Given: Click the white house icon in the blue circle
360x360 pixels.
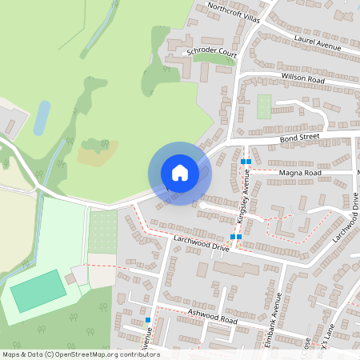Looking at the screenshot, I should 179,172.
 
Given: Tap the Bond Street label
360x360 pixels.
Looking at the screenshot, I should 299,138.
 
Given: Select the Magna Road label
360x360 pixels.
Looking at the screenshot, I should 299,172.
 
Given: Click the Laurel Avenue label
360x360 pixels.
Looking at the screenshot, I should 318,42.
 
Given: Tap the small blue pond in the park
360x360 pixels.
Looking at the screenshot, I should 41,117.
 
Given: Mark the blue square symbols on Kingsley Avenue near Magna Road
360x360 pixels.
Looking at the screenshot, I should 246,162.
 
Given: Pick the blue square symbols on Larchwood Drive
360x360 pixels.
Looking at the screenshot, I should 235,237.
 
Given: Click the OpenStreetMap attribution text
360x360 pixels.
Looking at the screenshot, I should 81,354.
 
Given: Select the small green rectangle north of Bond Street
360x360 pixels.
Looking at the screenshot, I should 263,106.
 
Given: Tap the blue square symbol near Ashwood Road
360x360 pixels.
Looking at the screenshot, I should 148,321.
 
